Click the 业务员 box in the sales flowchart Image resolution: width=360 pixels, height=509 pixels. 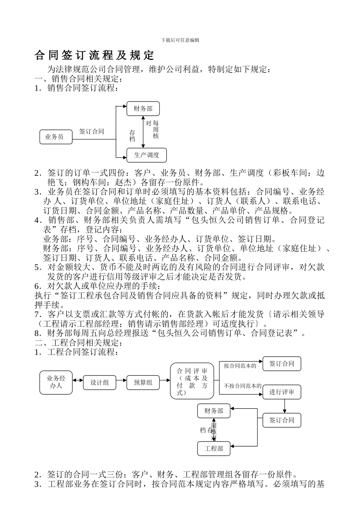point(54,137)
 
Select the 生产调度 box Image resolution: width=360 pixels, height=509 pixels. point(146,155)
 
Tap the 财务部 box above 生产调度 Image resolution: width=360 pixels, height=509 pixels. point(143,109)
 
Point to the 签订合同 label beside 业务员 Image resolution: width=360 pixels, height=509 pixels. point(91,131)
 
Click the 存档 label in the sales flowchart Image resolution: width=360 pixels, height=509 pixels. point(132,136)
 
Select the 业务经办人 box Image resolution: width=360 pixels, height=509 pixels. point(56,382)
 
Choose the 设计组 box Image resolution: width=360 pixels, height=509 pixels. point(100,383)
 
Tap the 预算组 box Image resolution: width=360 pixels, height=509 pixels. point(143,383)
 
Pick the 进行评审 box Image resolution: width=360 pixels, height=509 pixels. point(282,392)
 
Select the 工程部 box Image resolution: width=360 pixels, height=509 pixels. point(214,449)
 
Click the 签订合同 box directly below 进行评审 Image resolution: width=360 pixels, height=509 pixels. point(282,420)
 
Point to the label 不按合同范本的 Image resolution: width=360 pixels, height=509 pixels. point(243,386)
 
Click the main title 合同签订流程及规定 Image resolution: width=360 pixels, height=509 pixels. point(94,55)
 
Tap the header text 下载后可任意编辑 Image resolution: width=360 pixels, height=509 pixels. point(180,40)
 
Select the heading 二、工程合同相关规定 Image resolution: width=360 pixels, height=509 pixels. point(78,343)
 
